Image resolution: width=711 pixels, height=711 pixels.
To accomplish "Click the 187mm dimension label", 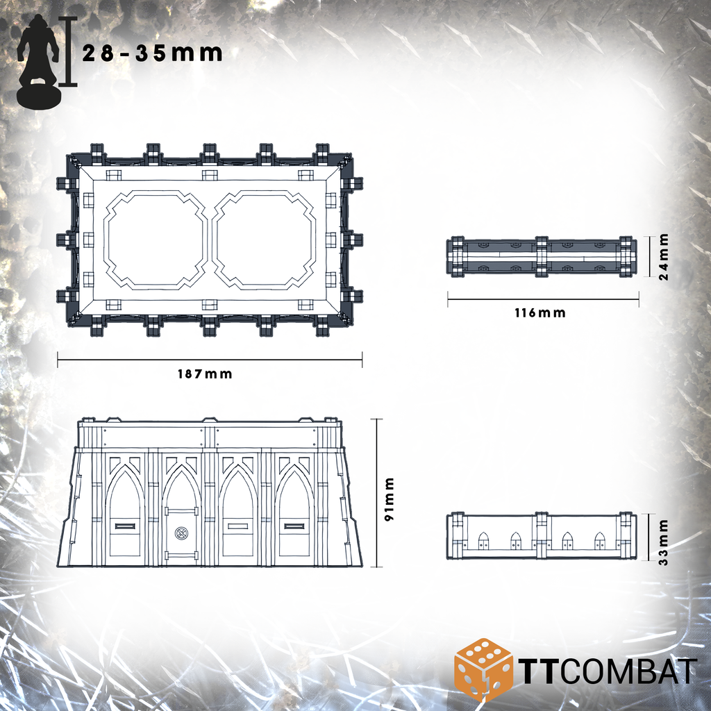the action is pyautogui.click(x=205, y=374).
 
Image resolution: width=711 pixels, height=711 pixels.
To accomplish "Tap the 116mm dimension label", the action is pyautogui.click(x=540, y=313).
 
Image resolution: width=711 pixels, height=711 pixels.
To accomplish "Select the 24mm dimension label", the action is pyautogui.click(x=663, y=257).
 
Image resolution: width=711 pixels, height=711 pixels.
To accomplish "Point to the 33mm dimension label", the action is pyautogui.click(x=663, y=542).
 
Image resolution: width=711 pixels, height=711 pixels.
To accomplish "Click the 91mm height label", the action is pyautogui.click(x=390, y=499).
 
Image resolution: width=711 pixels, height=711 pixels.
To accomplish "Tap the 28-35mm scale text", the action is pyautogui.click(x=152, y=53).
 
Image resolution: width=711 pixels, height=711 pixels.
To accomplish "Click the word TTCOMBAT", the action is pyautogui.click(x=607, y=671).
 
